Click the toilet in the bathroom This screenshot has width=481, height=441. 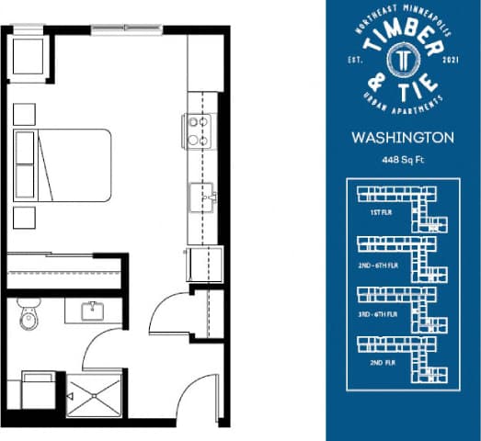click(28, 317)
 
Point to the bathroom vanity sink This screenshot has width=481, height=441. click(92, 311)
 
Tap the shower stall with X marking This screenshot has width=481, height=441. click(95, 396)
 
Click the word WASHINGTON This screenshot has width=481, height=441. click(403, 139)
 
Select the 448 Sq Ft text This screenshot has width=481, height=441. click(403, 159)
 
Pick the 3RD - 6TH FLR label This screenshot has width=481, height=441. click(381, 313)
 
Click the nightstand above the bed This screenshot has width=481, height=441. click(25, 114)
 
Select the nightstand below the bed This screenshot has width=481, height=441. click(25, 217)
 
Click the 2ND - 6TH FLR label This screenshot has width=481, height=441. click(381, 263)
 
